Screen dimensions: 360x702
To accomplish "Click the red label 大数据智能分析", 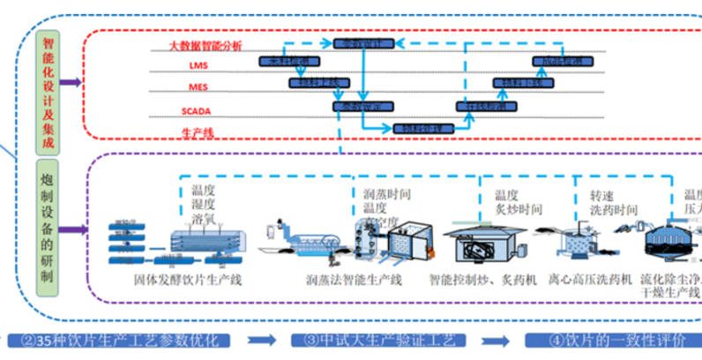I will tap(205, 45).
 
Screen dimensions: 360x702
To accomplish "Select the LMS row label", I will tap(198, 66).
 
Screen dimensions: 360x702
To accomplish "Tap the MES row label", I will tap(198, 88).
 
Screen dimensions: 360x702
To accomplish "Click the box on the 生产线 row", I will tap(421, 128).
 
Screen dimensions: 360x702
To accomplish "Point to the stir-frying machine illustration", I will tap(479, 242).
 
